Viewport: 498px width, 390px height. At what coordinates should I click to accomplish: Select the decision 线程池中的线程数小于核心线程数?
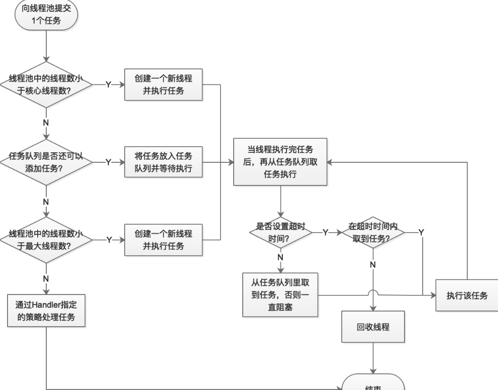click(46, 84)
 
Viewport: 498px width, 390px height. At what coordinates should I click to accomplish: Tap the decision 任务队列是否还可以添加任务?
click(46, 162)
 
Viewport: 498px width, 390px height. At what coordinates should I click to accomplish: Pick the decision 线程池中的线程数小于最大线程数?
click(46, 239)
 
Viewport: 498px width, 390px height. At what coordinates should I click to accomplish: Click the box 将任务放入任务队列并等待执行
click(163, 162)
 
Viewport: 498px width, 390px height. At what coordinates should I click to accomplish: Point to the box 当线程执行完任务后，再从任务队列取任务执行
click(280, 162)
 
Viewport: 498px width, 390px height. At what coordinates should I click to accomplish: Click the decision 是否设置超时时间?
click(280, 232)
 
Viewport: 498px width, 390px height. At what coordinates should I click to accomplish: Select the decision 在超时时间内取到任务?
click(373, 232)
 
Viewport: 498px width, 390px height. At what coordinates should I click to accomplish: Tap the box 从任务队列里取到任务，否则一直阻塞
click(280, 295)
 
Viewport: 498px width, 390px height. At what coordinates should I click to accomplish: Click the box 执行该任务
click(467, 295)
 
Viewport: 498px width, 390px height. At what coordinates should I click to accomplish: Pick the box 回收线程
click(373, 327)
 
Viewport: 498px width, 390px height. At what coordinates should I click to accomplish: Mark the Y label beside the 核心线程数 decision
click(109, 84)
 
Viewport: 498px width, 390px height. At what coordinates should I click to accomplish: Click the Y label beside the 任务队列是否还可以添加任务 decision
click(109, 162)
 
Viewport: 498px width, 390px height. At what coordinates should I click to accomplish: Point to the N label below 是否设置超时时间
click(280, 257)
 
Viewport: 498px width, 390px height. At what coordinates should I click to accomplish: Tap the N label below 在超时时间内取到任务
click(373, 264)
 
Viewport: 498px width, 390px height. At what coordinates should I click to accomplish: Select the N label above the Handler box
click(46, 278)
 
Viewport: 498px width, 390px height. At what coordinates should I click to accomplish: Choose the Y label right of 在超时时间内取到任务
click(421, 232)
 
